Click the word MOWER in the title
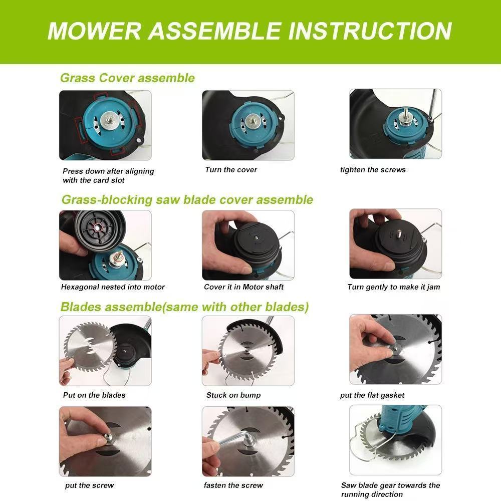94,31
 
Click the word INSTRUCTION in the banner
370,31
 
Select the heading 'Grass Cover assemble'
127,78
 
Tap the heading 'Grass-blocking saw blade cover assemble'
187,200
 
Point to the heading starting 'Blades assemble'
185,307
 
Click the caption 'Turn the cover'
231,170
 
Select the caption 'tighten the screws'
373,170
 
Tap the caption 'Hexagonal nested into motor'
113,287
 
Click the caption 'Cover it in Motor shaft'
244,287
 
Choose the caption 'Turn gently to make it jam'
394,287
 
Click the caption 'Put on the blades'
94,395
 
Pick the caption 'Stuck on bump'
233,395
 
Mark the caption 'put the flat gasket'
372,395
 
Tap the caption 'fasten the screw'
233,485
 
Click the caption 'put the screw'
90,485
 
